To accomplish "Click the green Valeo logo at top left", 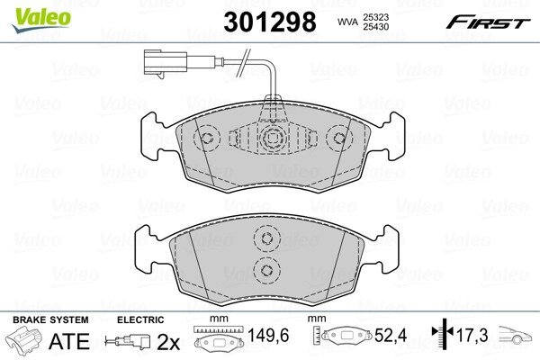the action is tap(41, 19).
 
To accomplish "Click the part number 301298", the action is tap(270, 22).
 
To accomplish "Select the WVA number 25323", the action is tap(375, 17).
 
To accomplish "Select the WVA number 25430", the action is tap(375, 26).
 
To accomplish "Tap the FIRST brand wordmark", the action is tap(488, 22).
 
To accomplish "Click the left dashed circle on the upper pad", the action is tap(207, 138).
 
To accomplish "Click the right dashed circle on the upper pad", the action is tap(339, 138).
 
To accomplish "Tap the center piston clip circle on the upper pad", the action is tap(274, 138).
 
